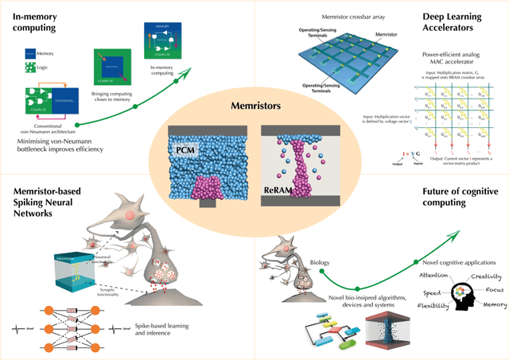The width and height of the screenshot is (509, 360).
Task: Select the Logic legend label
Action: (x=44, y=68)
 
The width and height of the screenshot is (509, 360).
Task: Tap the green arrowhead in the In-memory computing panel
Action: (x=193, y=70)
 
